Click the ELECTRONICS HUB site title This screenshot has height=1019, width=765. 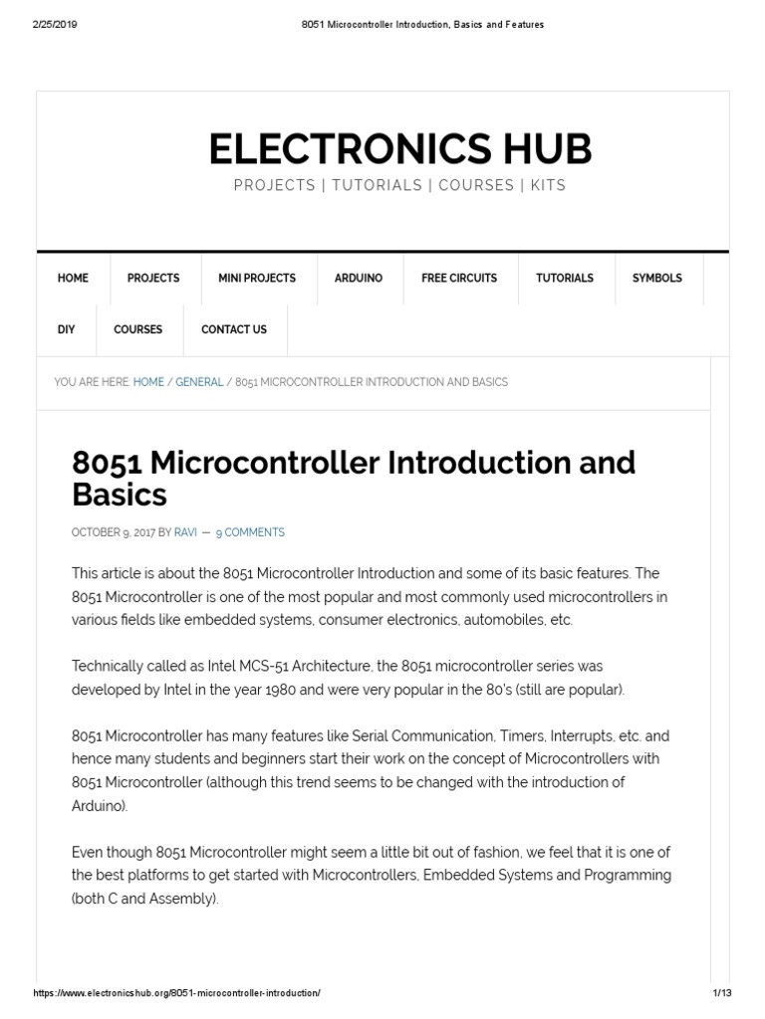(x=399, y=149)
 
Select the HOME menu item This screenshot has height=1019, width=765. (x=73, y=279)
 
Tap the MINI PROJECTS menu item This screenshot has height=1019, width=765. (x=257, y=279)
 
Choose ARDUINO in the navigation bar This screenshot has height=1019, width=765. (x=359, y=279)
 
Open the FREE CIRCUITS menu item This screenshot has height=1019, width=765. (x=459, y=279)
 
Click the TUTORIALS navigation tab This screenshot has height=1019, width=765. (x=565, y=279)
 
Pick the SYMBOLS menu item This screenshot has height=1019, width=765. (x=657, y=279)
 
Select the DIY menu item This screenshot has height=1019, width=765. (x=67, y=329)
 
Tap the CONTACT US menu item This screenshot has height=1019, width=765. (x=234, y=329)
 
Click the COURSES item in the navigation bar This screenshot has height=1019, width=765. (x=138, y=329)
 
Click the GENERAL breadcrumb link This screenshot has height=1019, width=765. (x=199, y=382)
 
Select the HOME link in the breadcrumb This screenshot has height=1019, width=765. (x=148, y=382)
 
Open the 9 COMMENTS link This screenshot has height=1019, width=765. (x=250, y=532)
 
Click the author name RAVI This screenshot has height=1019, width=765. (x=185, y=532)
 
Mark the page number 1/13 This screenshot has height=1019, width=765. (x=722, y=994)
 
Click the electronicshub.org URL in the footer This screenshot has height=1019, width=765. (x=177, y=994)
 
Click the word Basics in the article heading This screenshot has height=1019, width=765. (x=120, y=495)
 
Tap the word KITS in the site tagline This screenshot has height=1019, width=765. (x=549, y=186)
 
